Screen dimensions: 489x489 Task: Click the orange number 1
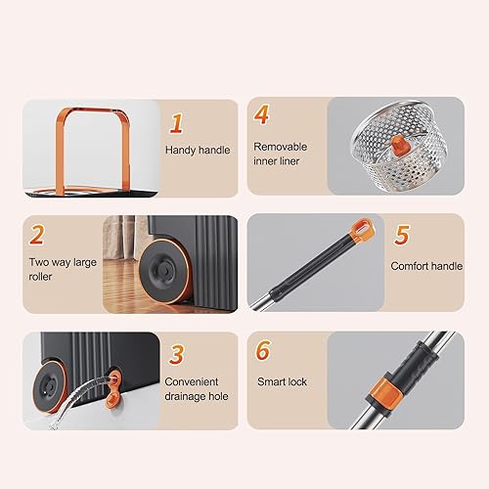pos(178,123)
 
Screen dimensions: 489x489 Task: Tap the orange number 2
pos(38,236)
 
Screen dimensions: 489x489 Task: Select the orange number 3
pos(178,353)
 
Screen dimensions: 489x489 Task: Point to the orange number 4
pos(262,113)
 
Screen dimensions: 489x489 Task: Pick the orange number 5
pos(401,236)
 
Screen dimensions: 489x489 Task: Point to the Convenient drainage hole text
pos(198,389)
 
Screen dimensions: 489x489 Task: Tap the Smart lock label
pos(282,381)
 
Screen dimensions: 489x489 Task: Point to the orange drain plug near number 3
pos(116,378)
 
